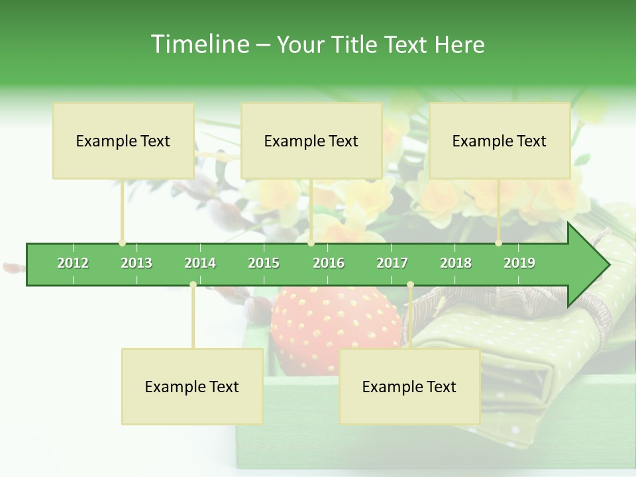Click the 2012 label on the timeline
[73, 263]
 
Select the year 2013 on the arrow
[136, 263]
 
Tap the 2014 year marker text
[200, 263]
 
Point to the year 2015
[264, 263]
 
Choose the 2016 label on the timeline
[329, 263]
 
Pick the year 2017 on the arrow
[392, 263]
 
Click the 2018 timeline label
[456, 263]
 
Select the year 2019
[519, 263]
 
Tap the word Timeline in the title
[198, 44]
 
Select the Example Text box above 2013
[123, 140]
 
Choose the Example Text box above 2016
[311, 140]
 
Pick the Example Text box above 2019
[500, 140]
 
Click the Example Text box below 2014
[192, 386]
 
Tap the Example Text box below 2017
[409, 386]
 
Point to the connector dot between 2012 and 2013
[123, 243]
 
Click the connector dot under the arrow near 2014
[193, 284]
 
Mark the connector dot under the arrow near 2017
[410, 284]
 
